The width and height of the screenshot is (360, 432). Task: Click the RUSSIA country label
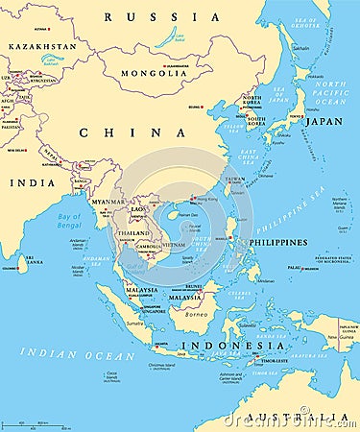(162, 16)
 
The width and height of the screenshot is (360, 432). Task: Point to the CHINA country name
(111, 132)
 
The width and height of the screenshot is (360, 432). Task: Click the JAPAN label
(324, 122)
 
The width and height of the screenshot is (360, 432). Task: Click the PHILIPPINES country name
(278, 242)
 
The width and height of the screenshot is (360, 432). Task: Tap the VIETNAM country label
(173, 246)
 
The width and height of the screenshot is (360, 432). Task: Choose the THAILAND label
(133, 233)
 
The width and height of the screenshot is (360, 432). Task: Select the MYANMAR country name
(107, 202)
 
